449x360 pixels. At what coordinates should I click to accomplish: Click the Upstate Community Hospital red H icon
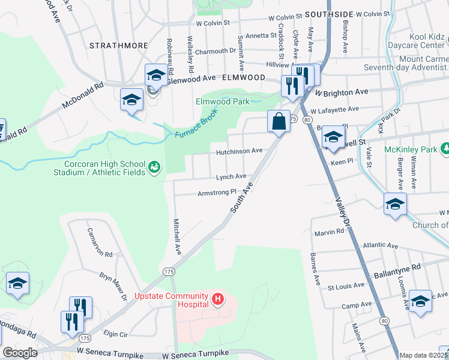[x=219, y=298]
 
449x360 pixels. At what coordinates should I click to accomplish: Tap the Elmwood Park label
[x=223, y=101]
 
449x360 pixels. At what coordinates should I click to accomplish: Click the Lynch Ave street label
[x=232, y=176]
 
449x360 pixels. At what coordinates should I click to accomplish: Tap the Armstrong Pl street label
[x=217, y=193]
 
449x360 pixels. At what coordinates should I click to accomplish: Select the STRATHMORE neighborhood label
[x=113, y=45]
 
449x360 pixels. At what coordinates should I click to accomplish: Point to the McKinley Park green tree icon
[x=445, y=148]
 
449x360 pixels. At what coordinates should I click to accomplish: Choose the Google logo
[x=20, y=353]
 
